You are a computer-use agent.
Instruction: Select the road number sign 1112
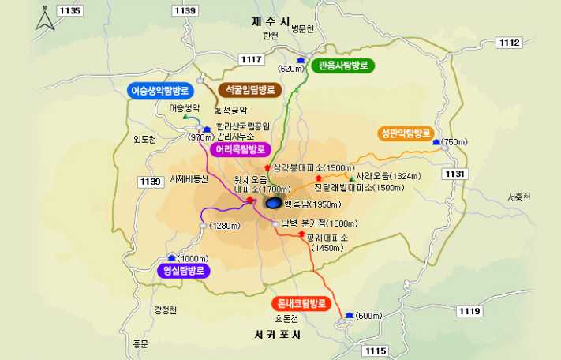click(x=510, y=43)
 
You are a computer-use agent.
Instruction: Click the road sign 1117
click(x=252, y=59)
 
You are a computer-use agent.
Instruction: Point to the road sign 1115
click(x=376, y=350)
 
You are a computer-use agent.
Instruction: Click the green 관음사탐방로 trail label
click(x=344, y=66)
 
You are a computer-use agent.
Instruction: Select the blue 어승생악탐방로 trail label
click(x=166, y=92)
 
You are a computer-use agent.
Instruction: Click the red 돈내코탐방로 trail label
click(x=300, y=303)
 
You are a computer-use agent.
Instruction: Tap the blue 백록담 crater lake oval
click(x=273, y=203)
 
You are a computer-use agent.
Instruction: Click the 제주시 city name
click(x=271, y=22)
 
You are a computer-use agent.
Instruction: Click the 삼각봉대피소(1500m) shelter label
click(x=313, y=167)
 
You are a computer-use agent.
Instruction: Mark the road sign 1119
click(x=469, y=311)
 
